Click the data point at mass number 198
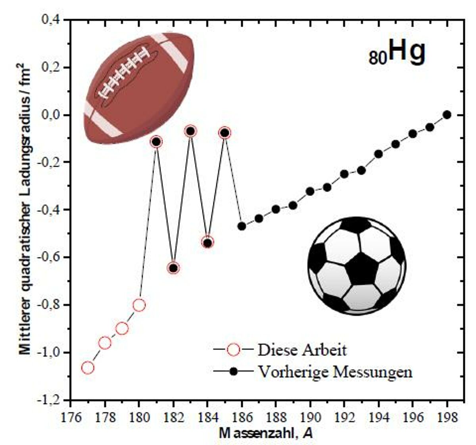[447, 114]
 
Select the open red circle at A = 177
[88, 368]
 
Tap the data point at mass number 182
[173, 268]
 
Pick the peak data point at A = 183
[191, 131]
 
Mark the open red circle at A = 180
[139, 305]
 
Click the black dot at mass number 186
[242, 226]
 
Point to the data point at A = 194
[378, 154]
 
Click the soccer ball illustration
[357, 266]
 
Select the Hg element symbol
[407, 52]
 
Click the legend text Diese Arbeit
[302, 350]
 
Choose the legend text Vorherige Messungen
[335, 371]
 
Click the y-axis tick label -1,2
[49, 400]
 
